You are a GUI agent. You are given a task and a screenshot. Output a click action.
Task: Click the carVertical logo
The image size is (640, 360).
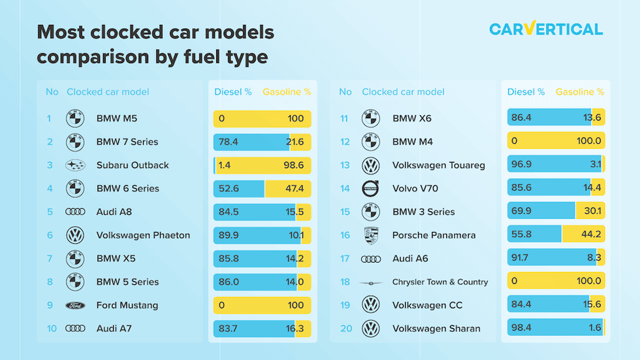point(546,29)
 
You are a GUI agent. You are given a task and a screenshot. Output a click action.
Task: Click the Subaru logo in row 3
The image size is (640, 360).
point(75,165)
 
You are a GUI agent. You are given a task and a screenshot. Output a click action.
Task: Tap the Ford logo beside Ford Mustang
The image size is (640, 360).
point(75,305)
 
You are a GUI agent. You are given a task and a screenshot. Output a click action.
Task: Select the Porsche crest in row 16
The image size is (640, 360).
point(371,235)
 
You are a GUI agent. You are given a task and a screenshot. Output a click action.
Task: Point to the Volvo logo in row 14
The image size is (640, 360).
point(371,189)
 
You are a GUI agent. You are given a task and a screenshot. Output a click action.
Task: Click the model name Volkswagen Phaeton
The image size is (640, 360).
point(143,235)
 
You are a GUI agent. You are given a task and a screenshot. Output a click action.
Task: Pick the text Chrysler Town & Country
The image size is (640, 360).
point(440,282)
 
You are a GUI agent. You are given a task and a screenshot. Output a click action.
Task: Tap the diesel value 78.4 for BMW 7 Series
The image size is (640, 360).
point(229,142)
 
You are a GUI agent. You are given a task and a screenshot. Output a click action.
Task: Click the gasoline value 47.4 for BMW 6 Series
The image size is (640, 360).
point(294,189)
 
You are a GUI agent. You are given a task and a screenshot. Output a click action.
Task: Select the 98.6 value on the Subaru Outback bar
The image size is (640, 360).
point(294,165)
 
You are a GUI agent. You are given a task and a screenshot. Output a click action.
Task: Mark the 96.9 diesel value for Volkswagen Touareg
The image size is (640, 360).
point(523,165)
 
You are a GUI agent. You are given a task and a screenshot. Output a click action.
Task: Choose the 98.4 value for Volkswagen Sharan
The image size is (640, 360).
point(523,329)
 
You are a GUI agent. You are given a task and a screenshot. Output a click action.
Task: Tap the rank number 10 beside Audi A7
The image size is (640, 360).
point(52,329)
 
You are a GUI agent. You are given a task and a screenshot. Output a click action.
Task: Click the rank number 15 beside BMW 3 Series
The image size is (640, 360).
point(345,212)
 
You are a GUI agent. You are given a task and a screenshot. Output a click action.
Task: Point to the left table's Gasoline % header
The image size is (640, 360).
point(287,92)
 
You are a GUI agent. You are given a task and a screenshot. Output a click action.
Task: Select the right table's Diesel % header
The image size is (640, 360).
point(526,92)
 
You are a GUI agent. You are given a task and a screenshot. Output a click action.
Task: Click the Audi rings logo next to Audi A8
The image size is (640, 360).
point(75,212)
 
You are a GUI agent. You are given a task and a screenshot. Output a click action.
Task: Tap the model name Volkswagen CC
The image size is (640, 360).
point(427,305)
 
